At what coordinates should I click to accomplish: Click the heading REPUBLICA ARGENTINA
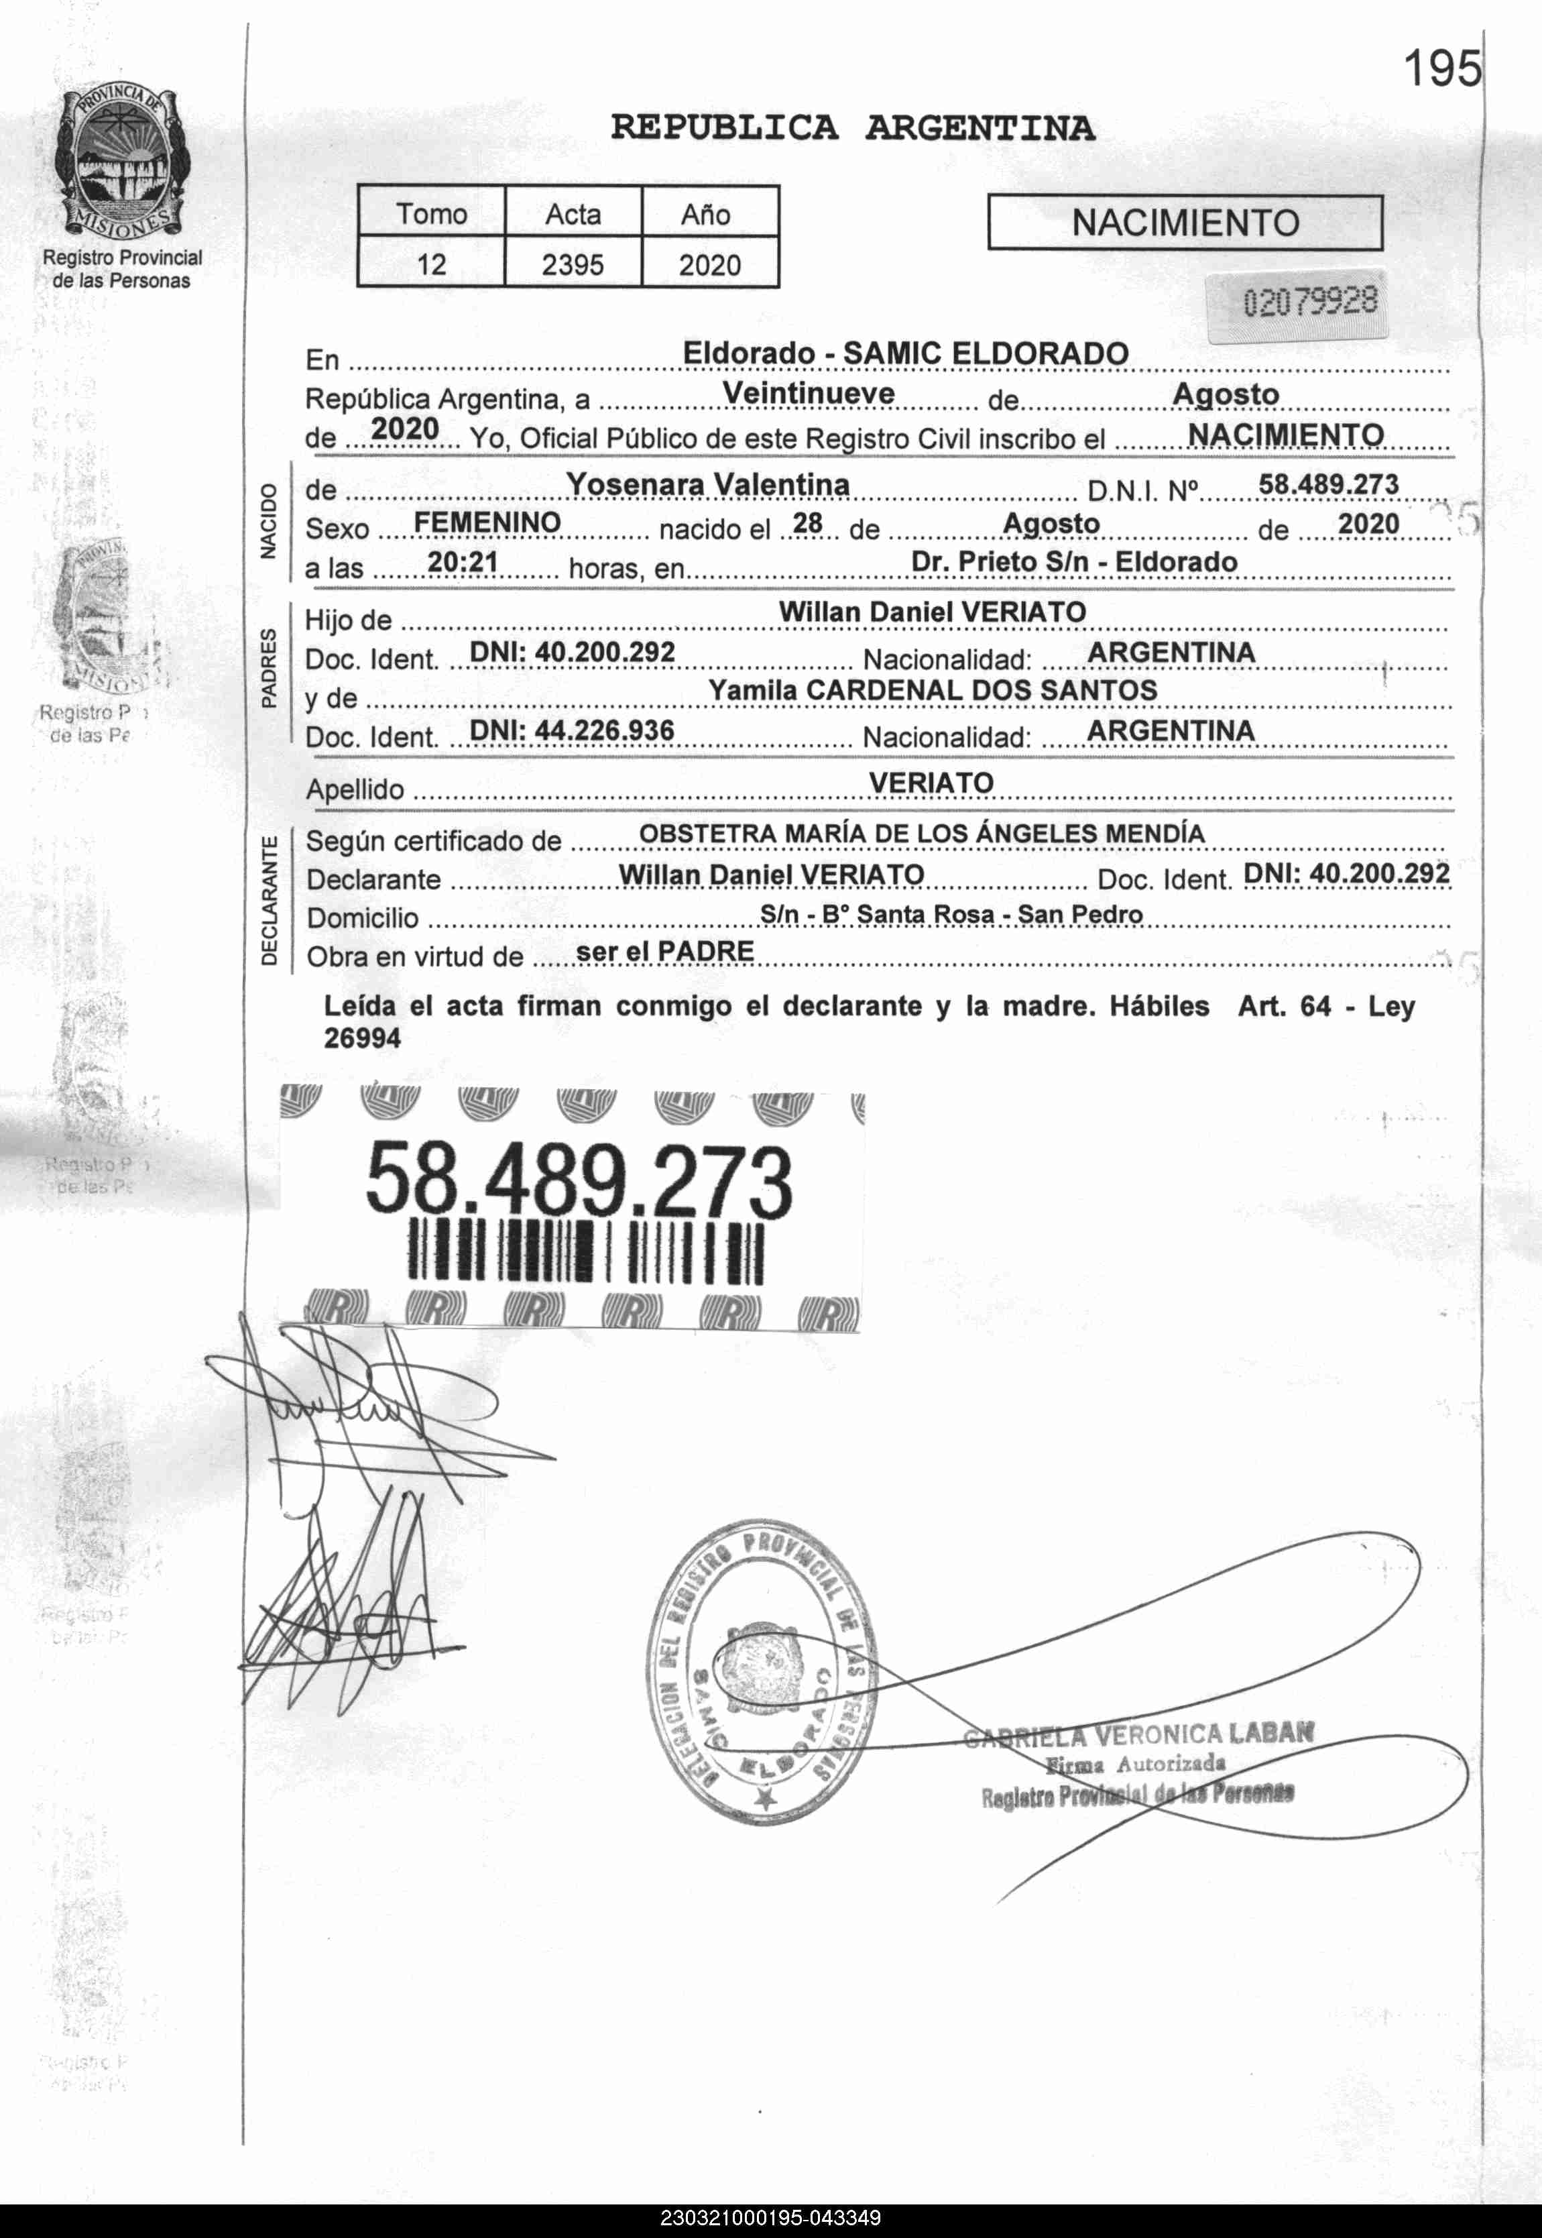pyautogui.click(x=852, y=127)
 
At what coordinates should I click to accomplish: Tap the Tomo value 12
pyautogui.click(x=431, y=264)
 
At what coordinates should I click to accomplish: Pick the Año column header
pyautogui.click(x=706, y=213)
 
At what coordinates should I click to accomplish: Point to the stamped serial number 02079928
pyautogui.click(x=1310, y=303)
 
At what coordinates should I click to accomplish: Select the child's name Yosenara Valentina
pyautogui.click(x=707, y=484)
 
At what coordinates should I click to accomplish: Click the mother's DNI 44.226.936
pyautogui.click(x=572, y=730)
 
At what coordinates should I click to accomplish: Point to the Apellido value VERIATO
pyautogui.click(x=931, y=783)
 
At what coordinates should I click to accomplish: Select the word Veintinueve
pyautogui.click(x=808, y=394)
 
